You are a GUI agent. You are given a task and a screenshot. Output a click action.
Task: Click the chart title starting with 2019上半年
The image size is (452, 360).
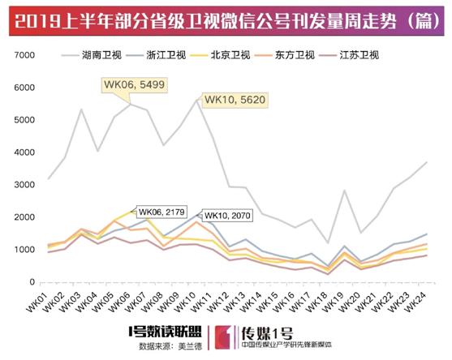225,18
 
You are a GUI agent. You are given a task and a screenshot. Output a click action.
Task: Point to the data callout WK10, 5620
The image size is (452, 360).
234,100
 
